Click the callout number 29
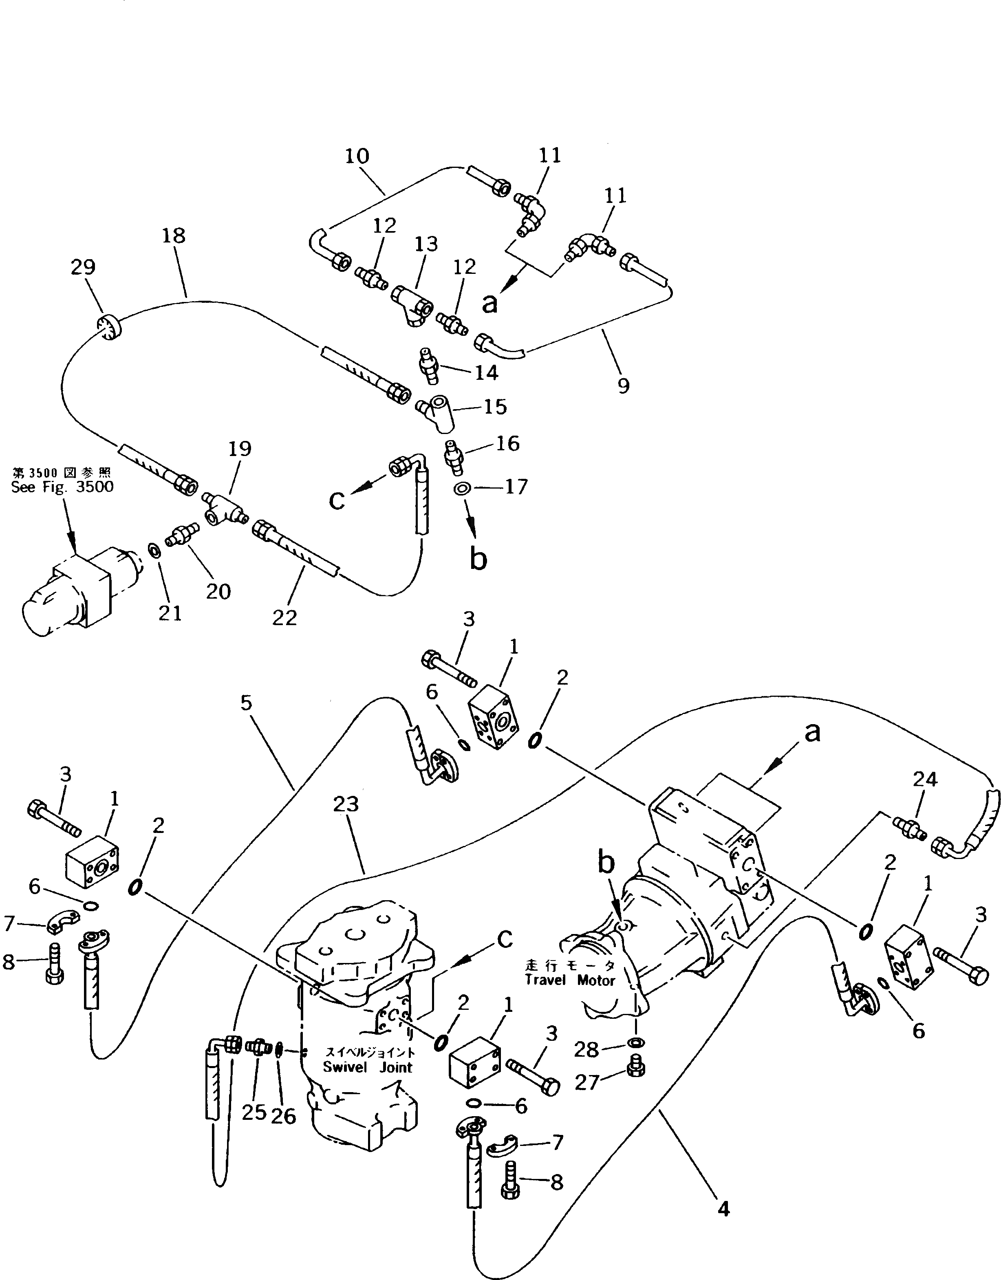click(83, 267)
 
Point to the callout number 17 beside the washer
click(516, 487)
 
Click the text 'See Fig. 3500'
click(62, 487)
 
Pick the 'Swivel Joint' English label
click(368, 1067)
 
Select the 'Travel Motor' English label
click(570, 980)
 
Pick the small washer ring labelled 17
click(462, 488)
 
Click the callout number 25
click(254, 1112)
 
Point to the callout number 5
click(246, 703)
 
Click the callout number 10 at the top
click(357, 156)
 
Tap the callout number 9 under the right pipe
click(623, 386)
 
